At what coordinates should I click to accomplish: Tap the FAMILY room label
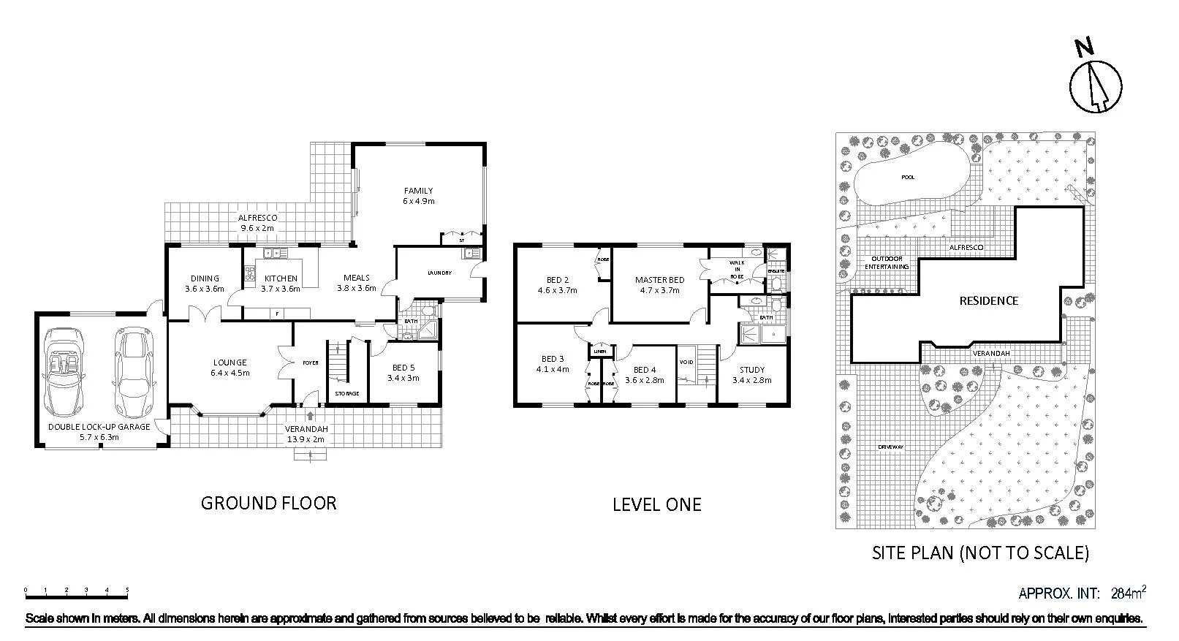click(418, 195)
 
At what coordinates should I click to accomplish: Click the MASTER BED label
click(659, 284)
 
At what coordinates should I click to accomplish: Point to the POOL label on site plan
click(908, 177)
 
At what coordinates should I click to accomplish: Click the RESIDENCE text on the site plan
click(988, 300)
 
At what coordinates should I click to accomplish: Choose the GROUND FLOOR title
click(268, 503)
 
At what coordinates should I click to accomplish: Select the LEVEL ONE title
click(656, 504)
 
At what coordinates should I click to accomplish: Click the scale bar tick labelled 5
click(127, 590)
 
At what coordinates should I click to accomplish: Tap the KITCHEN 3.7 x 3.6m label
click(281, 283)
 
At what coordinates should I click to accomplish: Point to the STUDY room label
click(751, 375)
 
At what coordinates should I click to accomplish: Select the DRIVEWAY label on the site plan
click(891, 447)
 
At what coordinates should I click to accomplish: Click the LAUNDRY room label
click(439, 273)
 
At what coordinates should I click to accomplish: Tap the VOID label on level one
click(686, 362)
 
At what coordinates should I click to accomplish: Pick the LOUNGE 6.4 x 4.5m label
click(230, 367)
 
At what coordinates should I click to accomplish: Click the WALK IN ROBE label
click(736, 269)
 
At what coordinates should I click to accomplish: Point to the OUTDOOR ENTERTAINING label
click(887, 262)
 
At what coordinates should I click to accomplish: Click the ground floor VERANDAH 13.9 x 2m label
click(306, 433)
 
